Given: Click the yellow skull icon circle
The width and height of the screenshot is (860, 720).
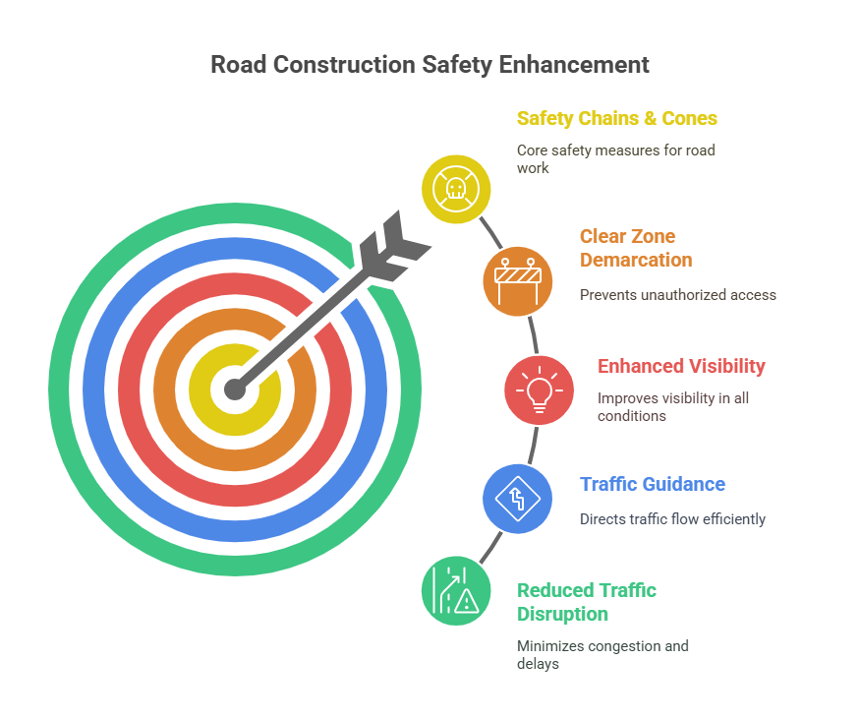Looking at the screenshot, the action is click(x=456, y=189).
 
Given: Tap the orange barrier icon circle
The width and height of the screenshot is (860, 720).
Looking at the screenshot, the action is click(x=517, y=281).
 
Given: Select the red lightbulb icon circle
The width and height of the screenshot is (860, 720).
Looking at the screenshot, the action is click(x=540, y=390).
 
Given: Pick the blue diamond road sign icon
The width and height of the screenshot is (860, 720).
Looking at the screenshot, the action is click(x=517, y=499).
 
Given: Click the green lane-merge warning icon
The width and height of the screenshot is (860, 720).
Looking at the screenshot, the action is click(x=456, y=591).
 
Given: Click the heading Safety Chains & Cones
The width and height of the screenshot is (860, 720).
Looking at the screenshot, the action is click(x=617, y=119).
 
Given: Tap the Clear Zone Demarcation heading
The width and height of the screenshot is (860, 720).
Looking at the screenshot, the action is click(x=636, y=248).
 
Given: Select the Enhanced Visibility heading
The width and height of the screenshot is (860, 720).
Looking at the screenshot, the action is click(x=681, y=366).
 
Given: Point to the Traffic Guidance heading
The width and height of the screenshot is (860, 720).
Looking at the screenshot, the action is click(x=653, y=484).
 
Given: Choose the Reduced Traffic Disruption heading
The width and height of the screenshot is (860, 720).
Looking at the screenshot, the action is click(x=587, y=602).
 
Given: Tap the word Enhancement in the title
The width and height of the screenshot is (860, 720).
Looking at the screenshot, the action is click(x=574, y=65).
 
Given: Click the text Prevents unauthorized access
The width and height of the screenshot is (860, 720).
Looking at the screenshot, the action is click(x=678, y=295).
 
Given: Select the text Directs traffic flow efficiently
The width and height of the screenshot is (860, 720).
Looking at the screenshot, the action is click(x=672, y=519).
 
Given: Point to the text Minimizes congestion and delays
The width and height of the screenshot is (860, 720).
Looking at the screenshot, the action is click(x=602, y=655).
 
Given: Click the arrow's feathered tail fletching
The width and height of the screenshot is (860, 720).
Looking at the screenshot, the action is click(x=394, y=246).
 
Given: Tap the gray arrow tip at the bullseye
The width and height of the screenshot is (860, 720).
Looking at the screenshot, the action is click(x=235, y=390).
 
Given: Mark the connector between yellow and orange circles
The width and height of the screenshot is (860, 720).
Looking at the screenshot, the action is click(x=490, y=233).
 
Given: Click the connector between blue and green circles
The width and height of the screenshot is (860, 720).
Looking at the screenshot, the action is click(x=490, y=547).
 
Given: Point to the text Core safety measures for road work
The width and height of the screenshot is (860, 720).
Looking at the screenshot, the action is click(x=616, y=159).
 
